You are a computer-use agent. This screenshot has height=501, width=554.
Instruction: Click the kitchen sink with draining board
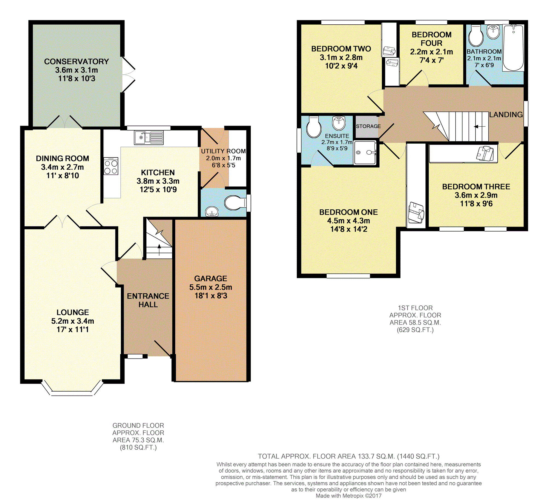[x=149, y=138]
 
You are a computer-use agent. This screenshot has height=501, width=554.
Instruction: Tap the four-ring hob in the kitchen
[x=111, y=166]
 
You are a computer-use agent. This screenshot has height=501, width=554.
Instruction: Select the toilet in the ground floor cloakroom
[x=235, y=203]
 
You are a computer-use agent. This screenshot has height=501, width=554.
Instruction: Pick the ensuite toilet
[x=314, y=127]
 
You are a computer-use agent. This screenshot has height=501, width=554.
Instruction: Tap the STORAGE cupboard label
[x=368, y=126]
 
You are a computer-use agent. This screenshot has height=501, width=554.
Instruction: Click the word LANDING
[x=506, y=115]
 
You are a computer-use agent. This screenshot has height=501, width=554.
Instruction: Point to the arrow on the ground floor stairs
[x=159, y=250]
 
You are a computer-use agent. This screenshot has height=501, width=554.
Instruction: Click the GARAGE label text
[x=211, y=279]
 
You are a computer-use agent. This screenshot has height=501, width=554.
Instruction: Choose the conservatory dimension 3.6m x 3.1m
[x=77, y=70]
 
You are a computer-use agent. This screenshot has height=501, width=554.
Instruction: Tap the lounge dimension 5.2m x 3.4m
[x=73, y=321]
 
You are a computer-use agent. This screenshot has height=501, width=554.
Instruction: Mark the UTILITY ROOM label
[x=224, y=151]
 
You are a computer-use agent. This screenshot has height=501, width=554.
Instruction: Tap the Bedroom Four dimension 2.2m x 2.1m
[x=431, y=52]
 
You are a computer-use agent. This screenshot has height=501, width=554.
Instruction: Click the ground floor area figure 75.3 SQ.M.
[x=138, y=440]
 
